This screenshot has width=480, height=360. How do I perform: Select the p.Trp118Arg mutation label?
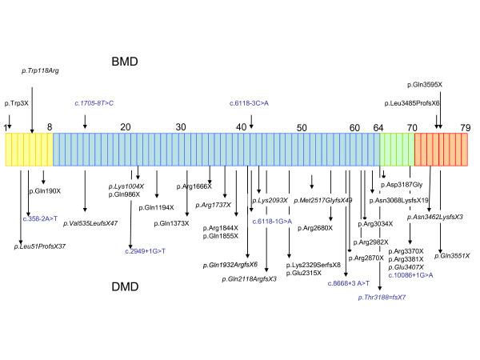40,71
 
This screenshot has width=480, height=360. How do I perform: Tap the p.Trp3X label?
17,103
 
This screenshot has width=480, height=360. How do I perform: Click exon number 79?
465,127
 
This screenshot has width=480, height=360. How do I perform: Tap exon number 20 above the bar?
126,127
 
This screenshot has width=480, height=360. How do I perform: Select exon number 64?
378,127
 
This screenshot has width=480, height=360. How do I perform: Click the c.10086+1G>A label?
410,275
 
